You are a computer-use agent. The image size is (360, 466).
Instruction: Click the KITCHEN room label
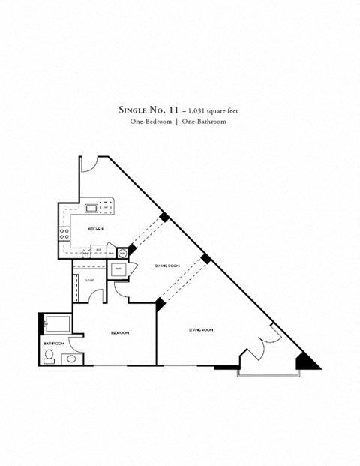(95, 229)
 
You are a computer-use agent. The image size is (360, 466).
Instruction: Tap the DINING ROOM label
(167, 266)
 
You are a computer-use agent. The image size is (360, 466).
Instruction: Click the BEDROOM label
(120, 332)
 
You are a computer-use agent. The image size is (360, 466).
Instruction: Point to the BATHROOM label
(52, 343)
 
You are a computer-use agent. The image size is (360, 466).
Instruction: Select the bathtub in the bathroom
(57, 325)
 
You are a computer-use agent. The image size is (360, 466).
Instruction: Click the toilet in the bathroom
(50, 358)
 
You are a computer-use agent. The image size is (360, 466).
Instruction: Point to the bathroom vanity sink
(70, 359)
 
